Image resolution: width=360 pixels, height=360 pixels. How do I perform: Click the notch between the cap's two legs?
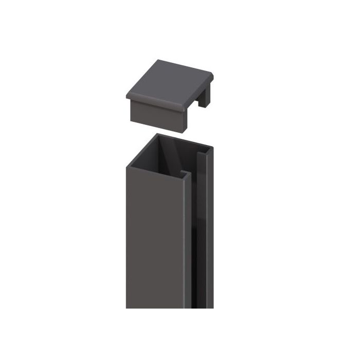199,105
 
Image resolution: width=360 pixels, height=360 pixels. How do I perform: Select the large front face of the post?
154,237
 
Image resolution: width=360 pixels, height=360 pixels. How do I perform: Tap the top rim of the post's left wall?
140,150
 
